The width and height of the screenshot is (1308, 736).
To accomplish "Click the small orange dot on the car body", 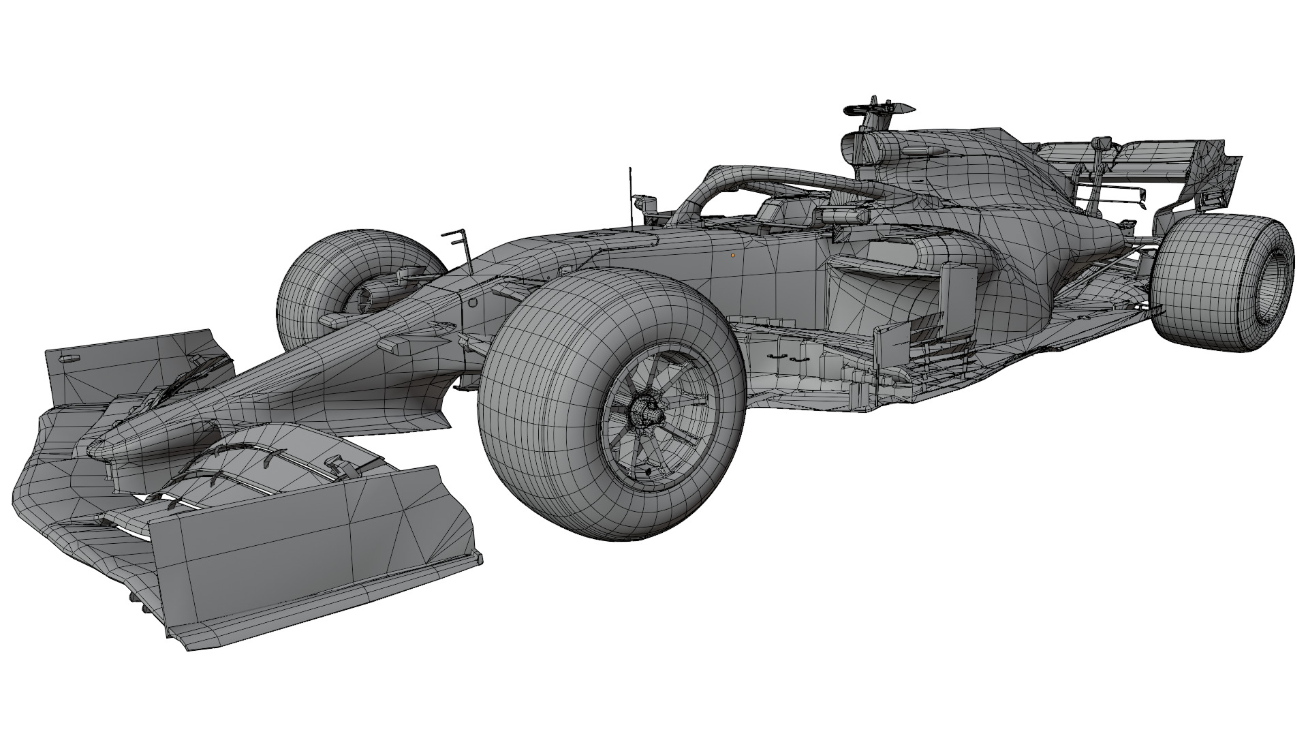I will click(x=732, y=256).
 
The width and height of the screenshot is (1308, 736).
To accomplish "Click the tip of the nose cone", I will click(x=95, y=446).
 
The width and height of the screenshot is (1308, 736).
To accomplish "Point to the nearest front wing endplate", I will click(x=300, y=538).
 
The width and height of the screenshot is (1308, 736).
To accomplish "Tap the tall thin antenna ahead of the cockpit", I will click(x=631, y=198).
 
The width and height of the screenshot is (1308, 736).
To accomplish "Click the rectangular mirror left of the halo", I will click(x=645, y=202).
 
